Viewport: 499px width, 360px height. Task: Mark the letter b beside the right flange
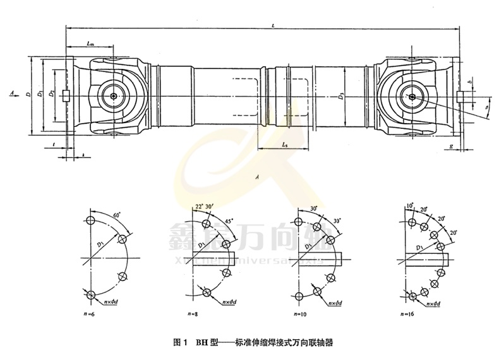pos(471,83)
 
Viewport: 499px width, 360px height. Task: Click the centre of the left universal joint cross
pos(112,95)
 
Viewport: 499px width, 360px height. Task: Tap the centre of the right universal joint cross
pos(411,97)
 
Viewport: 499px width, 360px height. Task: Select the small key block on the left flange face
pos(66,96)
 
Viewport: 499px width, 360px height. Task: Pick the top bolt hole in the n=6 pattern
pos(91,220)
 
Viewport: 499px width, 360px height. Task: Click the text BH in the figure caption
pos(203,344)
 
